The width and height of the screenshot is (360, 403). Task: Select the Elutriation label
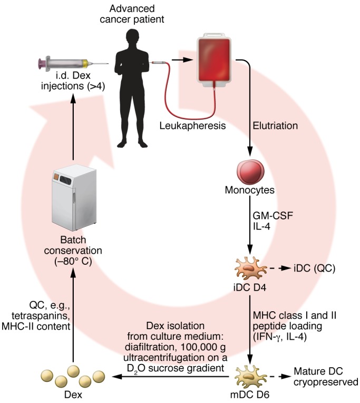pos(276,126)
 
